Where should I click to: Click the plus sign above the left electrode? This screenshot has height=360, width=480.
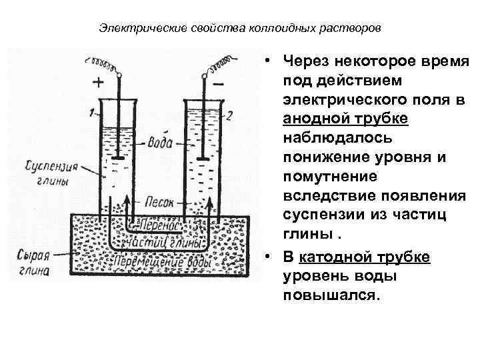(97, 83)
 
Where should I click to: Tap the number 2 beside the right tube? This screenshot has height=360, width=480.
(229, 115)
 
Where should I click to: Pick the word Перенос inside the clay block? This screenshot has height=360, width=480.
(159, 225)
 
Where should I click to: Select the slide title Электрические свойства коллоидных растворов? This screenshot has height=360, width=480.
(240, 29)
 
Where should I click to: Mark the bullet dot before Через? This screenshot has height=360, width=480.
(266, 61)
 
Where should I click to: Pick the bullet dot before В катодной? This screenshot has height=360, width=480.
(266, 257)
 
